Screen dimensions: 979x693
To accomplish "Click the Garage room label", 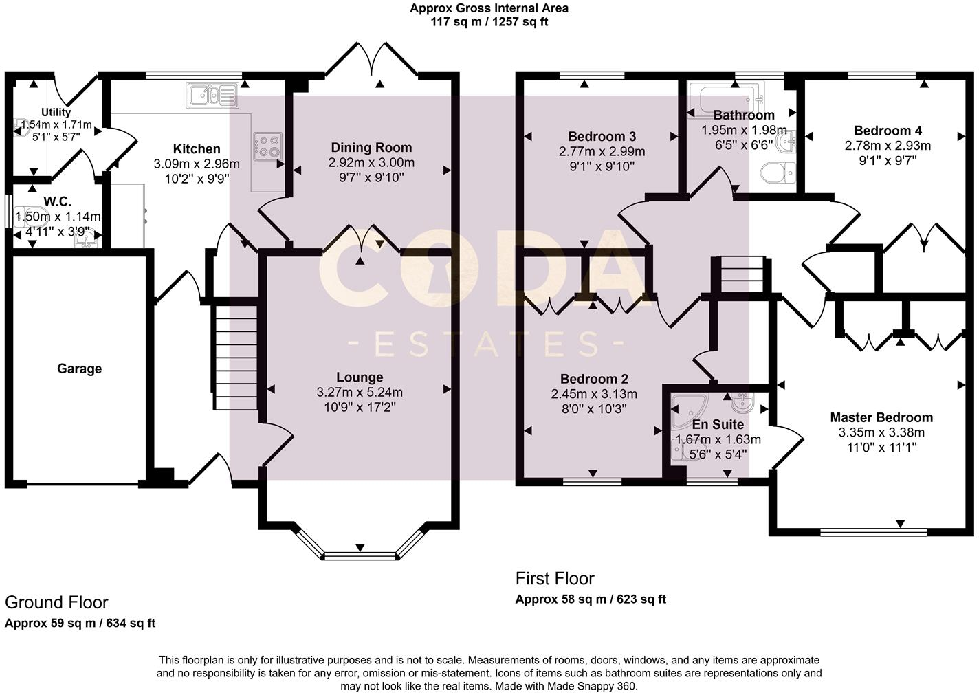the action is pos(80,368).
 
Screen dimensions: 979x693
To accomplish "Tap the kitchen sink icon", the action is pos(212,96).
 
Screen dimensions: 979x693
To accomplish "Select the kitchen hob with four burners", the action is pos(267,146).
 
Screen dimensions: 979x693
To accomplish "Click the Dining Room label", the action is pos(371,148).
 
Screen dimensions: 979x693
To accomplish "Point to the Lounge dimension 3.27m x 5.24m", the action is pos(360,393).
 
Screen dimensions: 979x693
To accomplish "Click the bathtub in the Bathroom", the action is pos(727,100).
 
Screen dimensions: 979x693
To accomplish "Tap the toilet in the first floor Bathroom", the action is pos(778,173).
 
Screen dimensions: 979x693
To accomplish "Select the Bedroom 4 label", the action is pos(888,131).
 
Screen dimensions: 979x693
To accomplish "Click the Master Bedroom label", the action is pos(881,417).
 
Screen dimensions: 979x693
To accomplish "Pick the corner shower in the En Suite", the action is pos(687,410).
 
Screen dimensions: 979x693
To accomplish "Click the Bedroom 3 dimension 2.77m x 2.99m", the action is pos(602,152).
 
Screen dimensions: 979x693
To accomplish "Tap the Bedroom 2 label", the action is pos(594,379).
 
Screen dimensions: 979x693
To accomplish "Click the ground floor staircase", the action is pos(236,357).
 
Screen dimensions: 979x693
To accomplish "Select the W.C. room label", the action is pos(58,202).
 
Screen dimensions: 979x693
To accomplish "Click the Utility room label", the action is pos(56,112).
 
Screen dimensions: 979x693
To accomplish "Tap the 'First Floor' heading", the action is pos(555,578).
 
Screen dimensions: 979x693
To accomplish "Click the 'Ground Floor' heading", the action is pos(56,602).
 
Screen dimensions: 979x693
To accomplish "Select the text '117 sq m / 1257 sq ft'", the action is pos(489,21).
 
